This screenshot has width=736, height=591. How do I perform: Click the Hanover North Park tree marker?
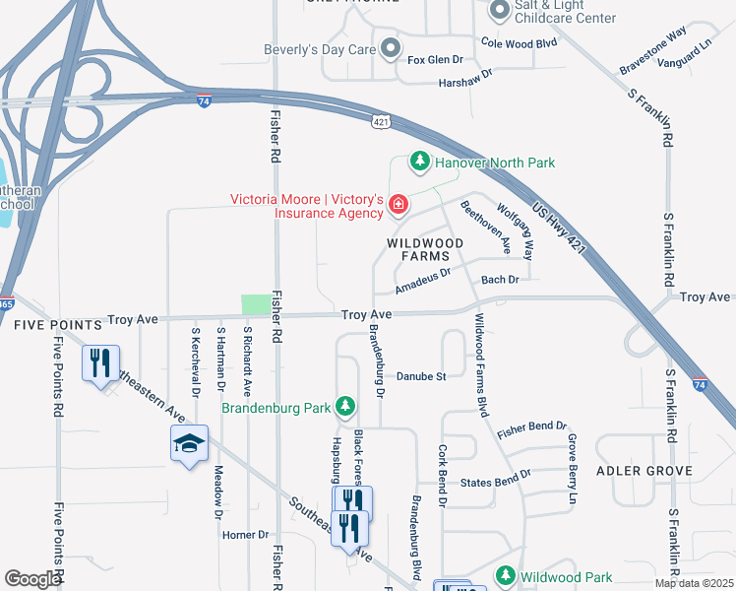pyautogui.click(x=420, y=162)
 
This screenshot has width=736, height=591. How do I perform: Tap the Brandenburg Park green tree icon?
pyautogui.click(x=344, y=405)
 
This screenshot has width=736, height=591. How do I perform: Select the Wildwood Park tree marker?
pyautogui.click(x=506, y=575)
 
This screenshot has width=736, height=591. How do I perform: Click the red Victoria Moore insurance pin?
pyautogui.click(x=399, y=205)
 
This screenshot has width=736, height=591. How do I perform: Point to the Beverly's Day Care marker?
pyautogui.click(x=391, y=48)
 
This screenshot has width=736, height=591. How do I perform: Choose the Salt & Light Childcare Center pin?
pyautogui.click(x=499, y=10)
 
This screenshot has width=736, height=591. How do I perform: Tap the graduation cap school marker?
pyautogui.click(x=190, y=444)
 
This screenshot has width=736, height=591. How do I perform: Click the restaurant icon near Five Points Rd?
pyautogui.click(x=100, y=363)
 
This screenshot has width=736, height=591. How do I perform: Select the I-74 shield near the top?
pyautogui.click(x=204, y=100)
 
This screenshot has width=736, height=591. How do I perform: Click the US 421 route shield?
pyautogui.click(x=382, y=120)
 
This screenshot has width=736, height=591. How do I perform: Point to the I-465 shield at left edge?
pyautogui.click(x=6, y=303)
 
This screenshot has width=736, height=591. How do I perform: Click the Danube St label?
pyautogui.click(x=421, y=376)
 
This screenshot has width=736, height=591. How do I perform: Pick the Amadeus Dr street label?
pyautogui.click(x=422, y=281)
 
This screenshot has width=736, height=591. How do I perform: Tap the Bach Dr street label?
pyautogui.click(x=500, y=281)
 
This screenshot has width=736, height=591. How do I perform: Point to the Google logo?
pyautogui.click(x=32, y=579)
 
